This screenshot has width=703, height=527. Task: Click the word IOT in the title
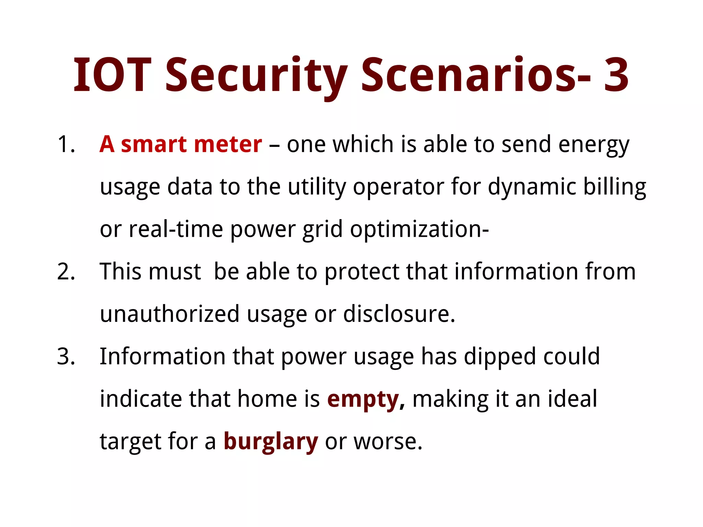pos(112,75)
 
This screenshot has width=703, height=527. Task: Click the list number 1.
pos(66,144)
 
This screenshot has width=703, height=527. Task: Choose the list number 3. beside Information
pos(66,356)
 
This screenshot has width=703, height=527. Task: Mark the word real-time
pos(176,229)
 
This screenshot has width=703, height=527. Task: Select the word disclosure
pos(399,314)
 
